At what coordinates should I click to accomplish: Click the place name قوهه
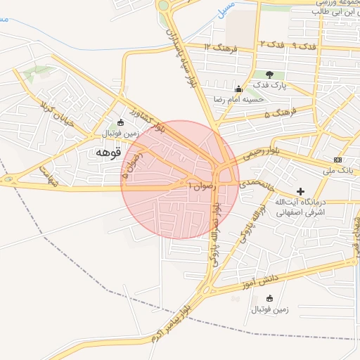tap(108, 151)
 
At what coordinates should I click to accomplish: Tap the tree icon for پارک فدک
tap(269, 75)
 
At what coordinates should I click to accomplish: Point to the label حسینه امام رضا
tap(240, 99)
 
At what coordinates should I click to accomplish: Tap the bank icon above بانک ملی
tap(337, 160)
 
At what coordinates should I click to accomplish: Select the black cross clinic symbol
tap(301, 191)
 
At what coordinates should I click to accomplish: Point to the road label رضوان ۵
tap(129, 165)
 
